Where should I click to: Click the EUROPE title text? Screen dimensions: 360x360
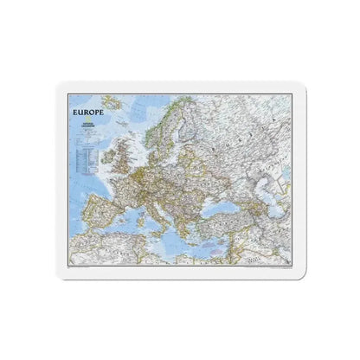pos(87,112)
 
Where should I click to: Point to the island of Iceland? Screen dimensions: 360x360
pos(112,109)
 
